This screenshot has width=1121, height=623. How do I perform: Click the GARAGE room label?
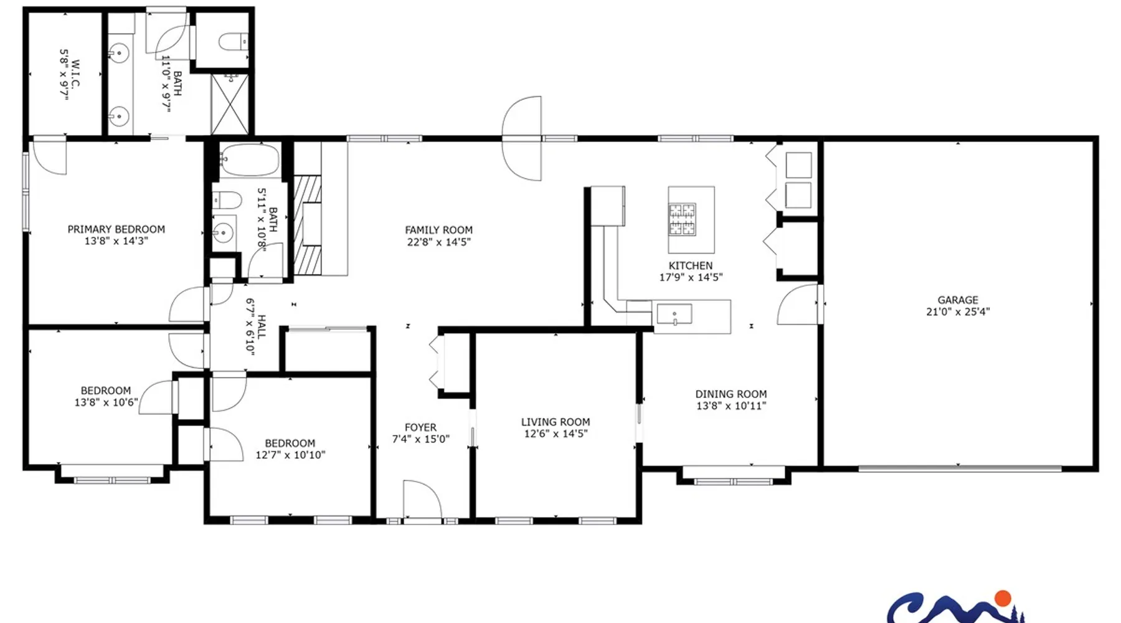coord(958,300)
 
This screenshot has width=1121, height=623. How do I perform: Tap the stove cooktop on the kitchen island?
coord(682,219)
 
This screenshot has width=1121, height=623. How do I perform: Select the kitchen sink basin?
coord(674,314)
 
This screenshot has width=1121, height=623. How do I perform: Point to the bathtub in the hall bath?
coord(250,160)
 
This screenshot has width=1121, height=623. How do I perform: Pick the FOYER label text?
coord(420,427)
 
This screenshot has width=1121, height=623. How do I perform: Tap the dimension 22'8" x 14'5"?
coord(439,242)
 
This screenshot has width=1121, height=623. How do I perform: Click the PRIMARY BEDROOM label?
coord(116,229)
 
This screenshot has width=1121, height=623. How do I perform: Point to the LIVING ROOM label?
coord(556,422)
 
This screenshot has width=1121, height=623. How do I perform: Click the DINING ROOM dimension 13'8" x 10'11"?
coord(731,406)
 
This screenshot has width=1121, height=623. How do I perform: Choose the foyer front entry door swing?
coord(422,498)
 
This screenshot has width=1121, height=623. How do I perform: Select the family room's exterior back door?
coord(522,138)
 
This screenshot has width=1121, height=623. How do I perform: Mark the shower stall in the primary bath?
coord(230,104)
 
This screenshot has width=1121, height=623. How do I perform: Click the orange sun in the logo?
coord(1003,599)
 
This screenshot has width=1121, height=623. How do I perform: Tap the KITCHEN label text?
coord(691,265)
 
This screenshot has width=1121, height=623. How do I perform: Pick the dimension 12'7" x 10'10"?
coord(290,455)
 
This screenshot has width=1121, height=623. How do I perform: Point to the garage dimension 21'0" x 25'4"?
coord(958,311)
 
